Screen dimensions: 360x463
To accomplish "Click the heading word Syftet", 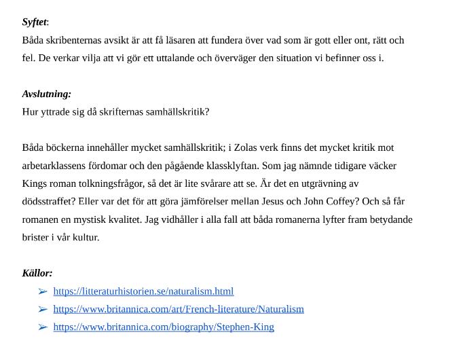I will (x=34, y=22).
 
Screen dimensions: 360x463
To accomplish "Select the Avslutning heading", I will (x=46, y=94).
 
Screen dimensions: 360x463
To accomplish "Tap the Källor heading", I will (x=37, y=273).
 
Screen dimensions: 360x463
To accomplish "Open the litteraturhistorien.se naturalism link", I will (x=143, y=291).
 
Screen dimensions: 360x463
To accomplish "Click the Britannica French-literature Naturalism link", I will (x=179, y=309).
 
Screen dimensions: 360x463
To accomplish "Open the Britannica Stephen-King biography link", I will (x=164, y=327).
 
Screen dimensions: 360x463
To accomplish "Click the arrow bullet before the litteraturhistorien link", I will (x=43, y=291).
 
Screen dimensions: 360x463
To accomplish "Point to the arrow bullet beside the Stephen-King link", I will (x=43, y=327).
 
